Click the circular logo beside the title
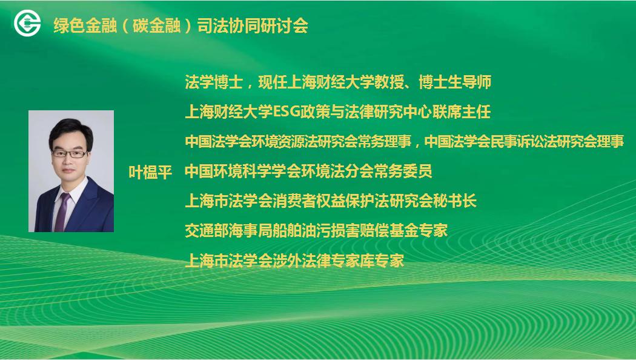(27, 23)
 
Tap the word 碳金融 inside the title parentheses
(156, 26)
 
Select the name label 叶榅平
(150, 172)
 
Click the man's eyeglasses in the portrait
(70, 153)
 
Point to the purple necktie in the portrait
(62, 212)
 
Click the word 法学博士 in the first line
(214, 82)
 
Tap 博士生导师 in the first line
(455, 82)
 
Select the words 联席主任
(462, 112)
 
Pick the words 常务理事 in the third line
(382, 142)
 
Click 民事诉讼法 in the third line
(527, 142)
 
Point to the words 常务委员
(403, 172)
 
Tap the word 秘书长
(454, 201)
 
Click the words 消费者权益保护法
(316, 201)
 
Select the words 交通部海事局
(228, 230)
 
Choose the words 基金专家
(418, 230)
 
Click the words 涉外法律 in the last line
(302, 261)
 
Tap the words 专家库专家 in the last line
(368, 261)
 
